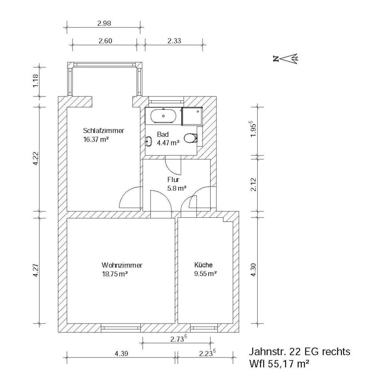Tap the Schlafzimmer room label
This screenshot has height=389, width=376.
point(104,131)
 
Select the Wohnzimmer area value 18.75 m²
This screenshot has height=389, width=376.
point(115,274)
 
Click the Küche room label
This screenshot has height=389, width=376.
point(203,265)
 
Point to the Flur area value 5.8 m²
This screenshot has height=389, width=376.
point(177,188)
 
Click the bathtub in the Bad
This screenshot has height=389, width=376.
point(164,115)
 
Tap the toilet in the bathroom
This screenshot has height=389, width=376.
point(191,138)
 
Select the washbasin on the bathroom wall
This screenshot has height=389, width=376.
point(149,141)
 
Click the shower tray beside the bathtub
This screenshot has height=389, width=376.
point(192,116)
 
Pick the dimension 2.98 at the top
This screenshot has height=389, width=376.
point(104,23)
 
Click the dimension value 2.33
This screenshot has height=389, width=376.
point(174,41)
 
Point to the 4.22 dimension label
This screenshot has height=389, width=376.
point(36,158)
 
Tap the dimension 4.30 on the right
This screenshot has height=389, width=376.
point(253,270)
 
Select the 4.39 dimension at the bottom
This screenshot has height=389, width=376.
point(121,354)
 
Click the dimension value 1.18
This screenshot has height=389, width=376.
point(36,81)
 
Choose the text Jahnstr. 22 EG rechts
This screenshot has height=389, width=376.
point(299,351)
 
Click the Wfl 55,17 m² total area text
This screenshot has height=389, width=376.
point(279,364)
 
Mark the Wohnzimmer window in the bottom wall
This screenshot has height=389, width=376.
point(121,328)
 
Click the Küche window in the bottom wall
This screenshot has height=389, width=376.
point(204,328)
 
